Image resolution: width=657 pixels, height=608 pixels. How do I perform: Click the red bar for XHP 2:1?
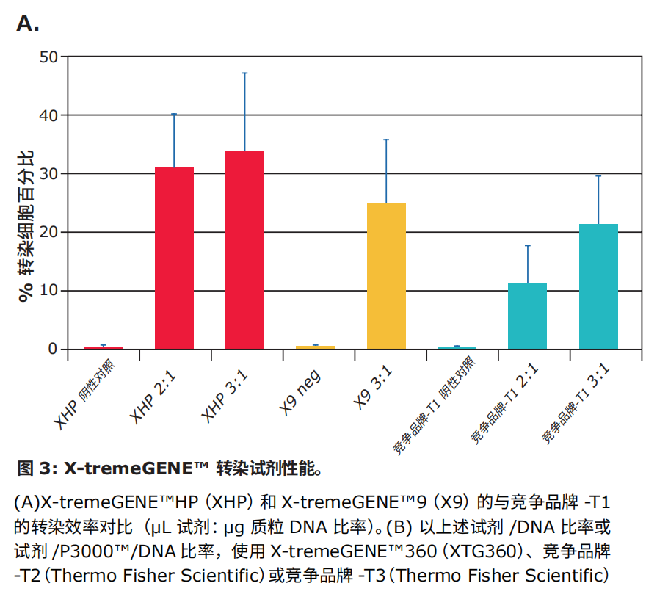174,258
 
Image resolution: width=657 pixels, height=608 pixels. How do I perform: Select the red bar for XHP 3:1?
244,250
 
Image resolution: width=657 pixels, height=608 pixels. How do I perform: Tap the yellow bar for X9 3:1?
386,275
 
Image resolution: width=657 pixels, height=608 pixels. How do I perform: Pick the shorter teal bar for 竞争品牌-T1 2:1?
528,316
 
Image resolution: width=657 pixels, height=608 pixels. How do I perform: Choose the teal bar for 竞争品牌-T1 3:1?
598,286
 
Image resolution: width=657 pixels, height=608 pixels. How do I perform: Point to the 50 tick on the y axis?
49,57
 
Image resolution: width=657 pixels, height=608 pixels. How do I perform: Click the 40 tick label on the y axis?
49,115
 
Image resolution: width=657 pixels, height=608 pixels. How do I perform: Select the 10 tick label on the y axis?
49,290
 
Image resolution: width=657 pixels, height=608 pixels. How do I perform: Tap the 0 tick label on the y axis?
53,349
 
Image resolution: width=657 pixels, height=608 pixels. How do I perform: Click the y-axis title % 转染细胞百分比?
26,226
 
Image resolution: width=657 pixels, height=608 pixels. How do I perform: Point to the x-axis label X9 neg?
300,393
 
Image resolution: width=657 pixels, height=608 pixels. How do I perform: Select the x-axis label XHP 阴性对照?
84,394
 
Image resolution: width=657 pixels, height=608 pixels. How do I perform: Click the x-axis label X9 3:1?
372,388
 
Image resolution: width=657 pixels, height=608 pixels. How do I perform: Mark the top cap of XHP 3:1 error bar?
244,73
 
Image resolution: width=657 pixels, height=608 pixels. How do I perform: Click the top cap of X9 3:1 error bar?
386,140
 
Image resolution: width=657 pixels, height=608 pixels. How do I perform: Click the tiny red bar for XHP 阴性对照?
103,348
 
